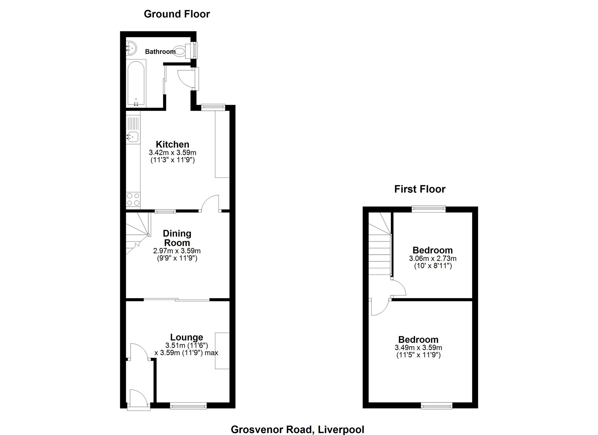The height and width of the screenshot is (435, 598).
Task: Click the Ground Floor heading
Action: pos(177,14)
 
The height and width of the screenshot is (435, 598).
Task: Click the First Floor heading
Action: pos(420,189)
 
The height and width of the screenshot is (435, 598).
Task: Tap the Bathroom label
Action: pos(160,52)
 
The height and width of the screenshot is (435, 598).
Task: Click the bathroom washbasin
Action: pos(131,48)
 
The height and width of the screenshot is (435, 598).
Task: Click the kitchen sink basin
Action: pos(133,137)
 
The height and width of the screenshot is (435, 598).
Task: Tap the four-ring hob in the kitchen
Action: pos(133,199)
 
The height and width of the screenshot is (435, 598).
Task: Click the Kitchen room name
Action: pos(173,144)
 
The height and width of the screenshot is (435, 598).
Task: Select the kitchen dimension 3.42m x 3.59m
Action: pos(173,153)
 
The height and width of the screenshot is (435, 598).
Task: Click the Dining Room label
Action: pos(177,238)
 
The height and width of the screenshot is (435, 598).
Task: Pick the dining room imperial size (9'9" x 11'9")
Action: pos(177,258)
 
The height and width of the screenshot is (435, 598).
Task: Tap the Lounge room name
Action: pos(187,337)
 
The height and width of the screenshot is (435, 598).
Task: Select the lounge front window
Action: pos(188,406)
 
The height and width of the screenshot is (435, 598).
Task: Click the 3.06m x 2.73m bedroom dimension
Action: pos(433,258)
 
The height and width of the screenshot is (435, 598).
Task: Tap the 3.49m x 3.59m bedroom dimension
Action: pos(418,348)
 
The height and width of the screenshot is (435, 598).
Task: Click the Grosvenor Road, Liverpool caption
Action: pos(298,430)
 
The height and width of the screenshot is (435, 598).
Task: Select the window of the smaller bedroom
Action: pos(429,209)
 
